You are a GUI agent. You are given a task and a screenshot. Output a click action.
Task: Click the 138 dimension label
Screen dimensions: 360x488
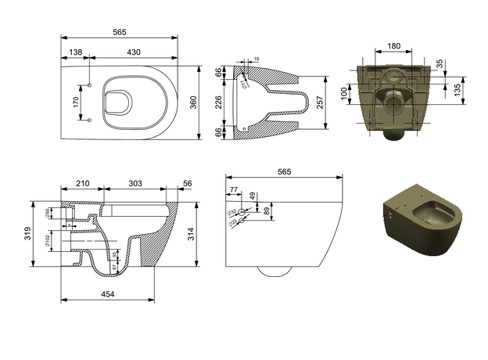[x=75, y=51]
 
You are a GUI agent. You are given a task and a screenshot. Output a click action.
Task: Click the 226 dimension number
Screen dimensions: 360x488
[x=221, y=101]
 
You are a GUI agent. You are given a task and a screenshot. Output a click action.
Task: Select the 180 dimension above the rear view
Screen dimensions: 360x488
[x=393, y=46]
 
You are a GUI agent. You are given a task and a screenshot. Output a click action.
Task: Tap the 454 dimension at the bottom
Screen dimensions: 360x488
[x=108, y=293]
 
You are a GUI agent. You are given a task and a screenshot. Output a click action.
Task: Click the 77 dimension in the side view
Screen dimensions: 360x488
[x=232, y=190]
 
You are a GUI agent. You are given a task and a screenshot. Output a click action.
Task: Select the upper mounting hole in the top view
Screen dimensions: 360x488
[x=90, y=85]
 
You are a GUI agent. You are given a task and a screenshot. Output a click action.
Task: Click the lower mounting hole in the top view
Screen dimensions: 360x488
[x=90, y=120]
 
